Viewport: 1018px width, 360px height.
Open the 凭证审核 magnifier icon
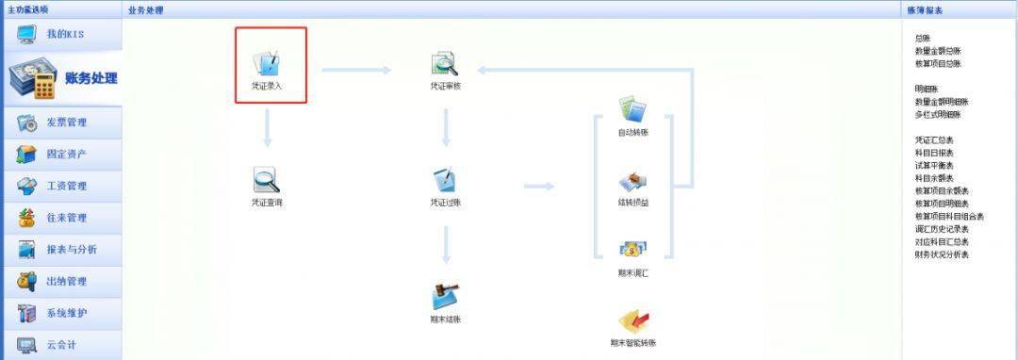click(444, 64)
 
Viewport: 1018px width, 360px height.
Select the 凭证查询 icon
click(267, 179)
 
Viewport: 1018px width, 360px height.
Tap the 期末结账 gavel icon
click(445, 296)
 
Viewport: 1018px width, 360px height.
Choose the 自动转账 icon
click(632, 108)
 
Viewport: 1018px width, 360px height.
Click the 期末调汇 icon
click(632, 250)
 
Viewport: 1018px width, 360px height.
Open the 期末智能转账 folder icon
click(632, 321)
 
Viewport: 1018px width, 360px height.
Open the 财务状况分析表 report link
click(942, 254)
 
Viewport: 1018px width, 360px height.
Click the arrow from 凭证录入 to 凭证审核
click(356, 70)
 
